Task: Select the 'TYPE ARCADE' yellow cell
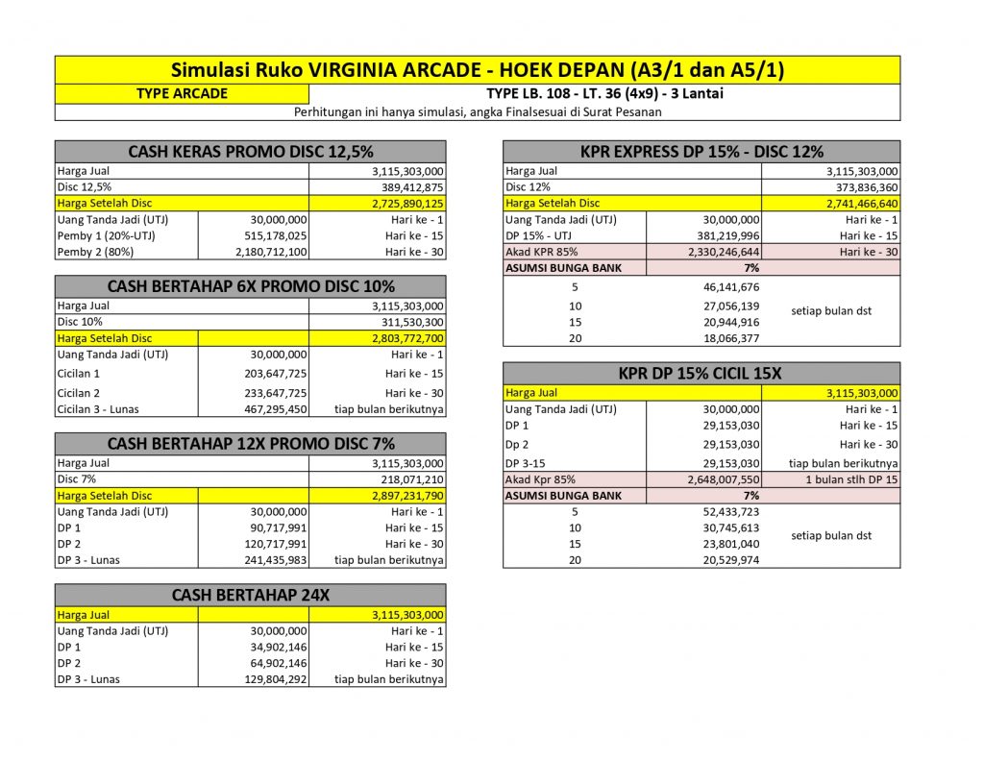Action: pyautogui.click(x=182, y=93)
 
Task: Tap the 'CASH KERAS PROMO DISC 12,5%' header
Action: pyautogui.click(x=250, y=151)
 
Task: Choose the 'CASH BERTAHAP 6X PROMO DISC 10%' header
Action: pyautogui.click(x=250, y=286)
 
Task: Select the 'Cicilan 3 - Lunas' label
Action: pyautogui.click(x=98, y=409)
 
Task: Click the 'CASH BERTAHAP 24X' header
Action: pyautogui.click(x=250, y=595)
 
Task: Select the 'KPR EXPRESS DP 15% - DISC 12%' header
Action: pyautogui.click(x=701, y=151)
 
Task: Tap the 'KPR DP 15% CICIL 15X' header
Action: pyautogui.click(x=701, y=373)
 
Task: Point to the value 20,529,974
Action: pyautogui.click(x=725, y=560)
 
